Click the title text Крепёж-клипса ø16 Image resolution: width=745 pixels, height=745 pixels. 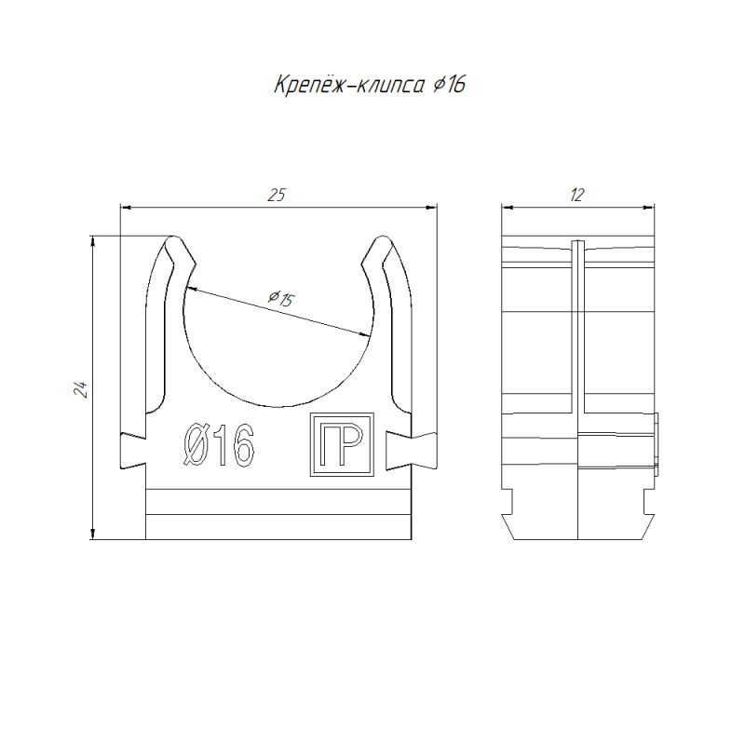370,85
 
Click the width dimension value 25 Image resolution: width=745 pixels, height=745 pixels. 277,196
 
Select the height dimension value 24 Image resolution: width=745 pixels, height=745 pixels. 80,389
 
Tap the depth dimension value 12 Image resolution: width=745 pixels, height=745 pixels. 576,196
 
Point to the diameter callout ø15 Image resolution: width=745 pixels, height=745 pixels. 281,298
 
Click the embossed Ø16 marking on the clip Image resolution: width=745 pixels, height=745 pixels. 219,445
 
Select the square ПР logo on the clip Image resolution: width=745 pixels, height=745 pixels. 342,444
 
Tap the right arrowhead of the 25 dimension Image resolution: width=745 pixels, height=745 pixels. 431,207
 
